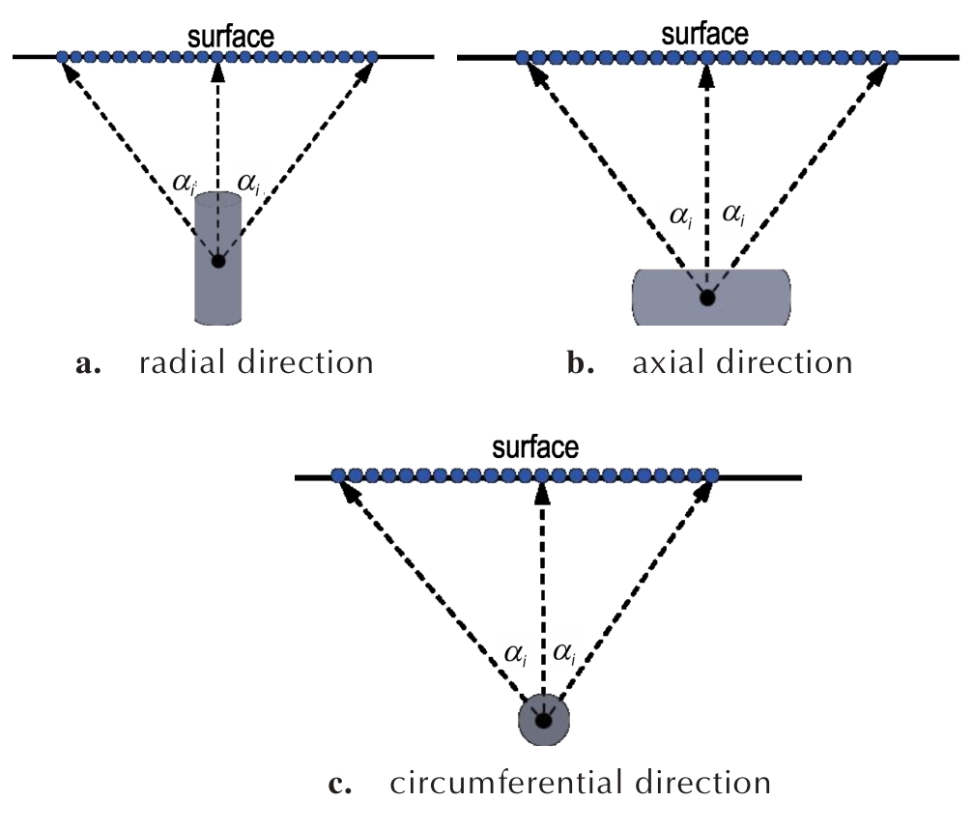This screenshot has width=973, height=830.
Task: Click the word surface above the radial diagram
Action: (232, 37)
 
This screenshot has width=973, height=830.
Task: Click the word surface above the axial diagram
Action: (704, 35)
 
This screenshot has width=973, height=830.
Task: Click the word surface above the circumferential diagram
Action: (536, 448)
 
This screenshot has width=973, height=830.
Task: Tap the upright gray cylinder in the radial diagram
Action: (217, 290)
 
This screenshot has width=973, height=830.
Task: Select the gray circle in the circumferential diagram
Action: (544, 720)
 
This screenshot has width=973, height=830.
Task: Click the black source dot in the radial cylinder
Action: (218, 261)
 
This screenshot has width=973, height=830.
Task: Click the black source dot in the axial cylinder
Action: (708, 298)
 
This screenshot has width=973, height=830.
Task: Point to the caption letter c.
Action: (337, 784)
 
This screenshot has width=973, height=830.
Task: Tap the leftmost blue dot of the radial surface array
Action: (64, 58)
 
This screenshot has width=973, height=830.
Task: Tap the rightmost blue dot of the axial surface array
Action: (890, 58)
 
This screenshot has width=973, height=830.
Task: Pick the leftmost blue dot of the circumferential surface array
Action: (338, 475)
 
